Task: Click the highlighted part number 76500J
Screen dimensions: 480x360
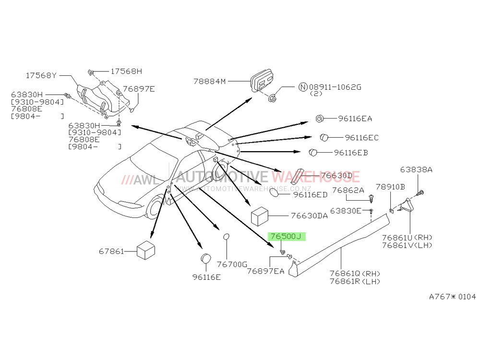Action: [286, 236]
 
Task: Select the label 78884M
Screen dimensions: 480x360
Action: [209, 82]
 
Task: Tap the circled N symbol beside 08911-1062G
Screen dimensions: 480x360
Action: [303, 87]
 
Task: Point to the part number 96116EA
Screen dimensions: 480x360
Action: [355, 119]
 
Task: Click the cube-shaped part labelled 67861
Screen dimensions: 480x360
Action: [146, 250]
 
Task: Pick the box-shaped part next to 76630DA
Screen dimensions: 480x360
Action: [260, 216]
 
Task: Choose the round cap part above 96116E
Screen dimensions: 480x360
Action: [206, 258]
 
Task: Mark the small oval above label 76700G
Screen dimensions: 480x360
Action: [226, 237]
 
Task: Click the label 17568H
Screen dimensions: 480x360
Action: [126, 72]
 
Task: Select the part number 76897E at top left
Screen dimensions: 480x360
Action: [139, 89]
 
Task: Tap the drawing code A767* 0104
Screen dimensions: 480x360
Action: [453, 297]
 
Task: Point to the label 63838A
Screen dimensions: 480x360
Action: [416, 169]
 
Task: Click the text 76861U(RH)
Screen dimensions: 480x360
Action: [407, 238]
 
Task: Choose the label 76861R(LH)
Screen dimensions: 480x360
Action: [355, 281]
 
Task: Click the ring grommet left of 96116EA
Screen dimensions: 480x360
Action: [319, 119]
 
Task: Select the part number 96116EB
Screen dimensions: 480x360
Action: [351, 153]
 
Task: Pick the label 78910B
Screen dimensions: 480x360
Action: [390, 187]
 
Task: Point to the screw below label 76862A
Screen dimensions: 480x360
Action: [372, 198]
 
